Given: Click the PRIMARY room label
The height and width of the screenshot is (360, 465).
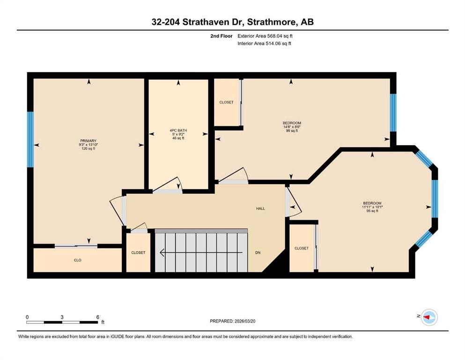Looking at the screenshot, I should [88, 141].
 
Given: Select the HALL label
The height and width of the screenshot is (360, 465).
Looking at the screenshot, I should [260, 208].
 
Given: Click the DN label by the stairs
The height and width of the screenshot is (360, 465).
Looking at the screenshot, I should [258, 253].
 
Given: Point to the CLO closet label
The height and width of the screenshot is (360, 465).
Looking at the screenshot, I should [78, 260].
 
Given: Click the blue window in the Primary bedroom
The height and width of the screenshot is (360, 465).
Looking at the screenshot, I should [30, 139].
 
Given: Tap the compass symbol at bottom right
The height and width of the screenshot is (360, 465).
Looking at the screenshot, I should [428, 318].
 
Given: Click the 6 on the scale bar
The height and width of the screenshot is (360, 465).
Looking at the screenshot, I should [97, 317].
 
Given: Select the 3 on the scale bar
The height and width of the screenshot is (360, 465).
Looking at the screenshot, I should [62, 317].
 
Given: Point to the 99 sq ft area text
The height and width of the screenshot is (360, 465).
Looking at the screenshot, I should [292, 131].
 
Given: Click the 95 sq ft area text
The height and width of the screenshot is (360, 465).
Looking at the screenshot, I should [372, 211].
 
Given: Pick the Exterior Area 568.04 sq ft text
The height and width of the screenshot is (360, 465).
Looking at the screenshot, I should [266, 36].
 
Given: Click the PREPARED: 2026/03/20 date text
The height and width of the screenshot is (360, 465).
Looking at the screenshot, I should [232, 321].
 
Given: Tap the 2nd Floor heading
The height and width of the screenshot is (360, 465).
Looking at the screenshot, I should [221, 36].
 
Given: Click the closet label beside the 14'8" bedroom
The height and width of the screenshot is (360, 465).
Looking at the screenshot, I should [226, 102].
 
